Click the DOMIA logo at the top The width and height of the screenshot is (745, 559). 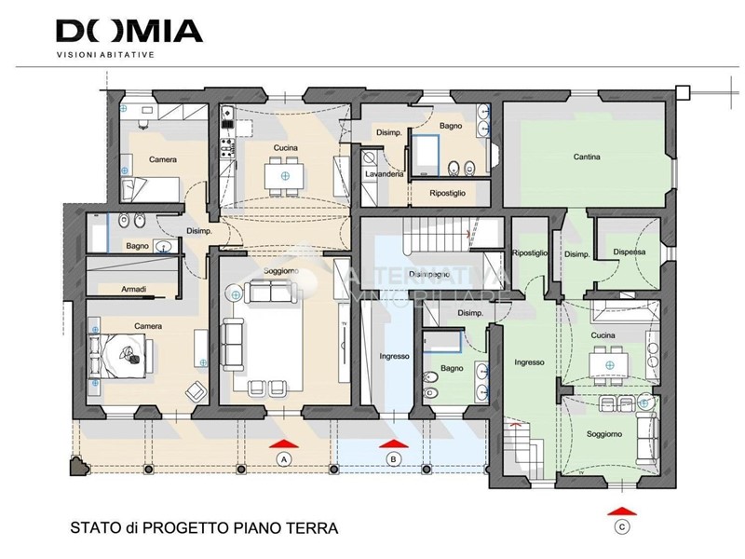point(129,31)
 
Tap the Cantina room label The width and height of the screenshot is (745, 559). point(587,157)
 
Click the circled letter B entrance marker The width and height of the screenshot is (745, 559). point(394,458)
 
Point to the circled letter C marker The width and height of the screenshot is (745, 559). point(621,527)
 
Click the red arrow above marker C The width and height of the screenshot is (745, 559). point(621,511)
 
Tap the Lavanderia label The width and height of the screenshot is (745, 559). point(384,174)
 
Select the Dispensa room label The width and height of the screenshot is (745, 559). point(630,252)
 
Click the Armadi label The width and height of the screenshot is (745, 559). point(133,290)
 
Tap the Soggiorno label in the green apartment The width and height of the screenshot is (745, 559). point(604,434)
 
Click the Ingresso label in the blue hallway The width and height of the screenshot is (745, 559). point(394,356)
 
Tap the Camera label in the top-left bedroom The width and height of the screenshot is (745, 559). point(163,159)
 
